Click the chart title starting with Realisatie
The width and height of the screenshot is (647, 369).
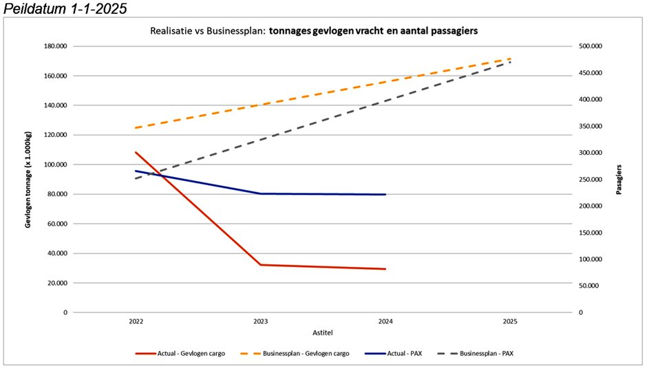coord(314,31)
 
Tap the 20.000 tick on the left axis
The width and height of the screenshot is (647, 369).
coord(56,283)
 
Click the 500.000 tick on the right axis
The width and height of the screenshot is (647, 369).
coord(591,46)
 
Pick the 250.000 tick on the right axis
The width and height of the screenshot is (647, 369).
coord(591,180)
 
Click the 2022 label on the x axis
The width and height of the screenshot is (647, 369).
coord(136,321)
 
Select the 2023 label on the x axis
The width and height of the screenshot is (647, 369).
coord(261,321)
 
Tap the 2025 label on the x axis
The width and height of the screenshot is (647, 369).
coord(510,321)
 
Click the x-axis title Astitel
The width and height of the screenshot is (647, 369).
coord(323,332)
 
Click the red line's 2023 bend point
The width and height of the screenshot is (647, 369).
coord(261,264)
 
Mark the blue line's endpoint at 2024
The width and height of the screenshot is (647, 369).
coord(385,194)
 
